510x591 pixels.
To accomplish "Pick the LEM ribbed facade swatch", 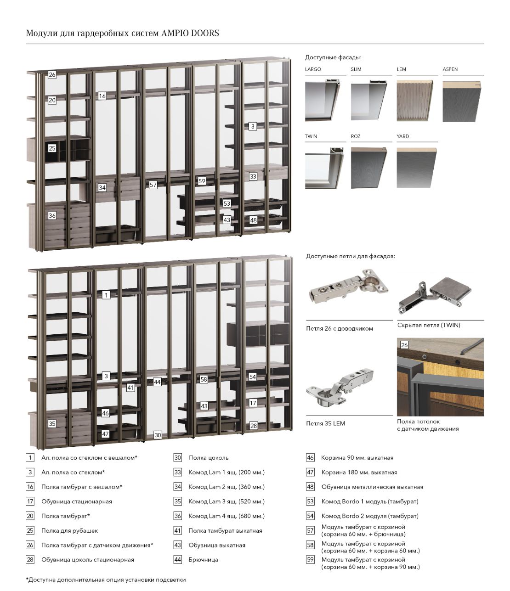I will pos(415,101).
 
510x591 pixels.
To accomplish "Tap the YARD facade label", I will pos(402,136).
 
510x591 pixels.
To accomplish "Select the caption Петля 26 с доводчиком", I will pos(340,328).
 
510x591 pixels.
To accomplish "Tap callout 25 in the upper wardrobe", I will pos(52,148).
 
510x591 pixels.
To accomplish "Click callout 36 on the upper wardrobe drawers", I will pos(52,215).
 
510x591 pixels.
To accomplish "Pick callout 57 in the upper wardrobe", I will pos(153,185).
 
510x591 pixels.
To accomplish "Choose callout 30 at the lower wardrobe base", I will pos(158,435).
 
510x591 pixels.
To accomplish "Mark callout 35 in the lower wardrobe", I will pos(52,423).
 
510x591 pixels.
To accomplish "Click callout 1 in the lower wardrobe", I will pos(106,295).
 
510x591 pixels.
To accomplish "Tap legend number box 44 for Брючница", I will pos(178,560).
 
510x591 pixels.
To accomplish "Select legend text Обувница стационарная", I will pos(77,501).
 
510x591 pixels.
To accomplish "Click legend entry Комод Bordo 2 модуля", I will pos(369,516).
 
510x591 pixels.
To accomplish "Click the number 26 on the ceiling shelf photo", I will pos(404,345).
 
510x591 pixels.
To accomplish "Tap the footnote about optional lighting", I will pos(106,580).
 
